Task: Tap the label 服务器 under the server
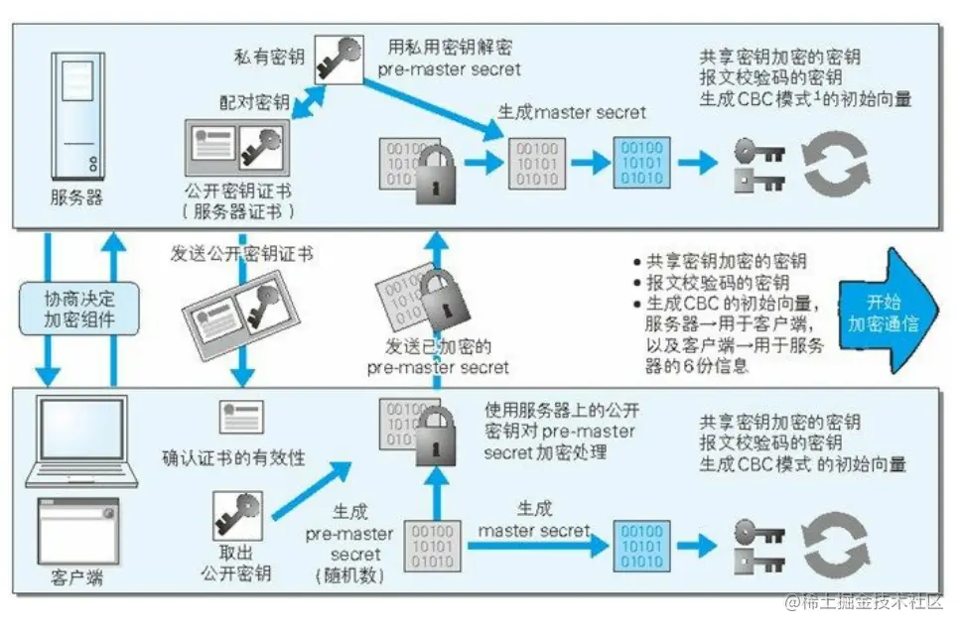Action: (76, 196)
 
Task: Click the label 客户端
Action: (76, 577)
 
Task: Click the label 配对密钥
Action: (254, 102)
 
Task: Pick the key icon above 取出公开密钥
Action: (237, 516)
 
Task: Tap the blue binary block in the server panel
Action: (640, 162)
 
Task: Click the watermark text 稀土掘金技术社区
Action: (863, 602)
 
